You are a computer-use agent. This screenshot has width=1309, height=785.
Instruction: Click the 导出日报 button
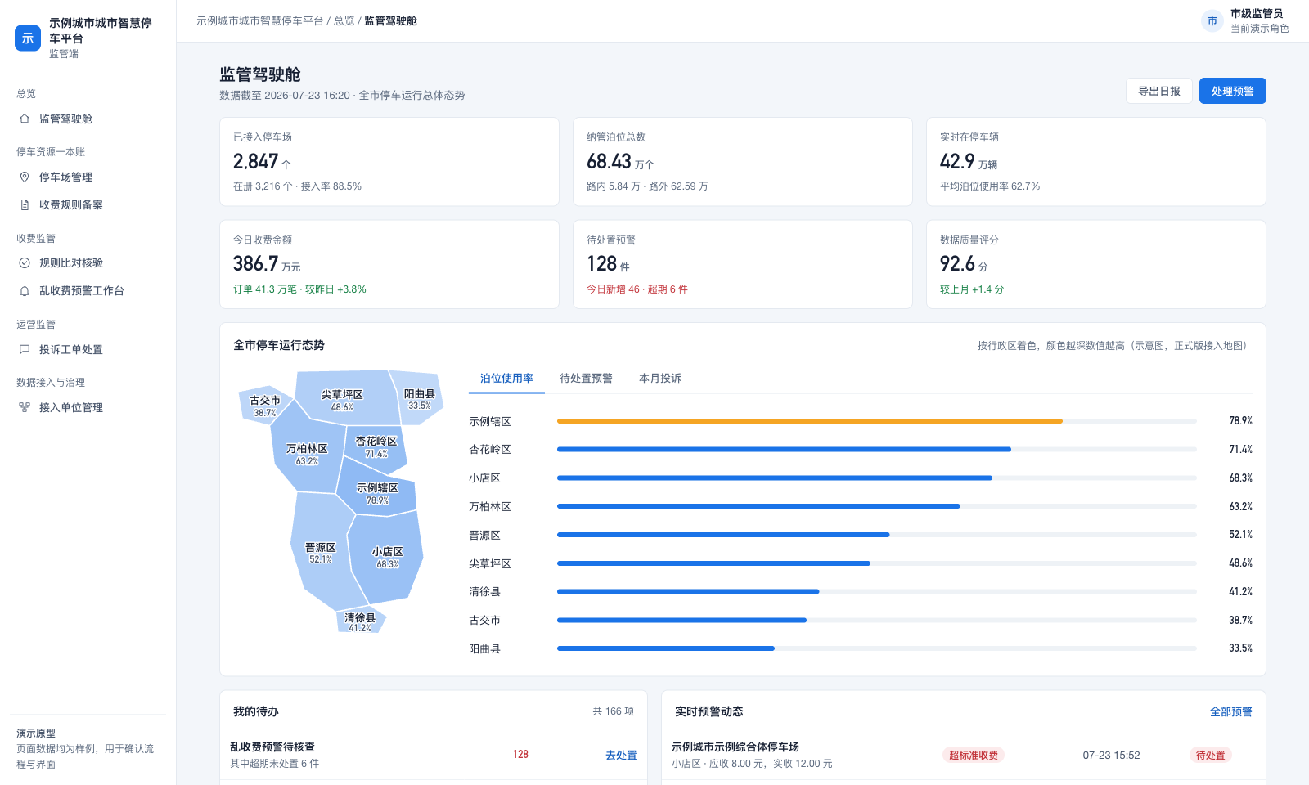point(1158,91)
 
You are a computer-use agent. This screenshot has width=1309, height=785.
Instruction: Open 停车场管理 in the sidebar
point(65,177)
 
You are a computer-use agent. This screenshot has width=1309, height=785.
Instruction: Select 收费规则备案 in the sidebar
point(70,205)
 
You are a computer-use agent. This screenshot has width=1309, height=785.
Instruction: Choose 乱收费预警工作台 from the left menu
point(81,291)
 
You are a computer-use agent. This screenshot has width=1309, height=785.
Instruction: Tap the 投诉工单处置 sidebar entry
point(70,350)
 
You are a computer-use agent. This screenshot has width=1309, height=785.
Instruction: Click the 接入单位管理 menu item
point(70,408)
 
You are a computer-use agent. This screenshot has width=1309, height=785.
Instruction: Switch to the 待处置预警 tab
point(586,379)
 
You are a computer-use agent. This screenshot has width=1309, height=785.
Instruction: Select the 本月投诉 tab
point(659,379)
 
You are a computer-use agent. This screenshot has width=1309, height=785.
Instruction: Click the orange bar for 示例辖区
point(809,421)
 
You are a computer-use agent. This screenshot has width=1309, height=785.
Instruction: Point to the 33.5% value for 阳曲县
point(1240,648)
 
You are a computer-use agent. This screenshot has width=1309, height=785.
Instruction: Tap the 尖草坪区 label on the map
point(342,395)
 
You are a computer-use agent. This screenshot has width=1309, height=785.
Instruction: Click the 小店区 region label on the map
point(388,552)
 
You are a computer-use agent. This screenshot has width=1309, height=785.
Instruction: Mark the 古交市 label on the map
point(265,401)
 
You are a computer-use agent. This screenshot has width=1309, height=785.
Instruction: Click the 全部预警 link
point(1230,712)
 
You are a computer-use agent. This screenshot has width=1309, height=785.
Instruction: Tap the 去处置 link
point(621,756)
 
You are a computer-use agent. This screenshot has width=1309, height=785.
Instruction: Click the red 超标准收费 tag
point(973,756)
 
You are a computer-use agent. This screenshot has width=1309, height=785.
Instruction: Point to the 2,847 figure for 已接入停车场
point(255,161)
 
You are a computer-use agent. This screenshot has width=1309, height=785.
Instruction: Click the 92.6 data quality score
point(957,264)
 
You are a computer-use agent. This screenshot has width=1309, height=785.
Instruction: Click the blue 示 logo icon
point(28,38)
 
